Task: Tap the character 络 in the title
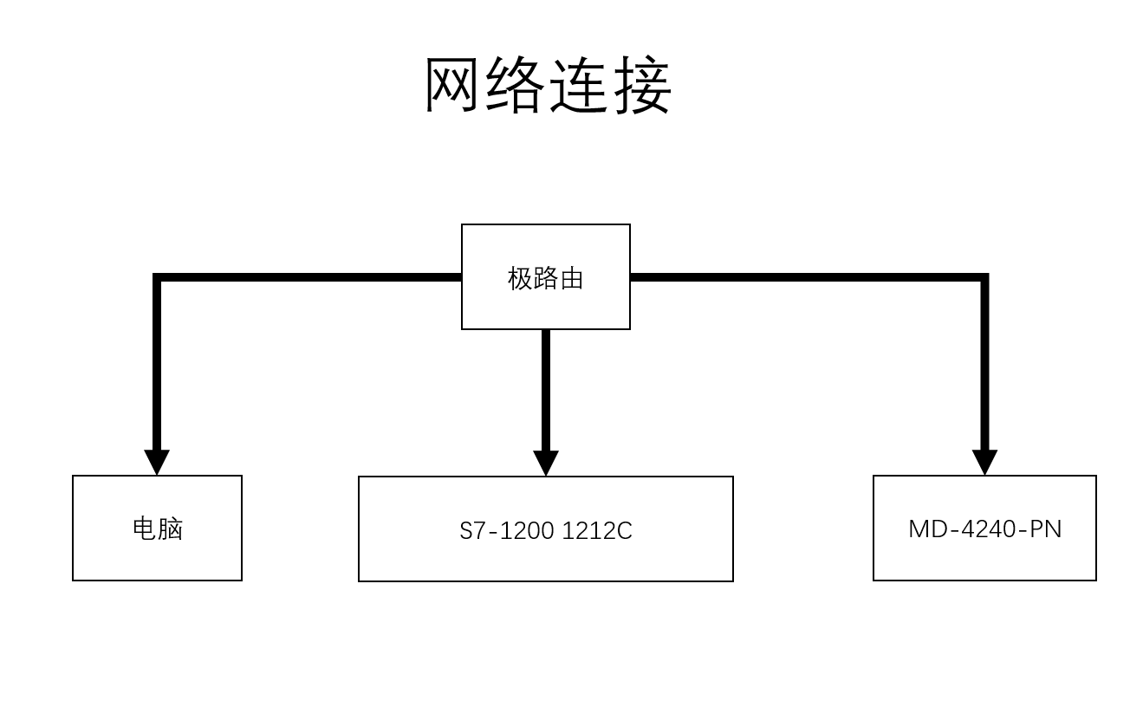516,86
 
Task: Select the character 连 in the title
580,86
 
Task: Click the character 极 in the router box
520,278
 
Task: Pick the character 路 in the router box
546,278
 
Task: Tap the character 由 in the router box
572,278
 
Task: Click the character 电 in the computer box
144,529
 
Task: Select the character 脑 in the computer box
170,529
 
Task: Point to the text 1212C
597,530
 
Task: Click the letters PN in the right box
1046,529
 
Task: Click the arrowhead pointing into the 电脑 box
157,462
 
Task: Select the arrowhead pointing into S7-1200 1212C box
546,463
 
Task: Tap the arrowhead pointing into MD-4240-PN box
984,462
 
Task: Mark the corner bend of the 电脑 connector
158,278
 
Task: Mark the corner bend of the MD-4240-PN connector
984,278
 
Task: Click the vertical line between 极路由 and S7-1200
546,390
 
